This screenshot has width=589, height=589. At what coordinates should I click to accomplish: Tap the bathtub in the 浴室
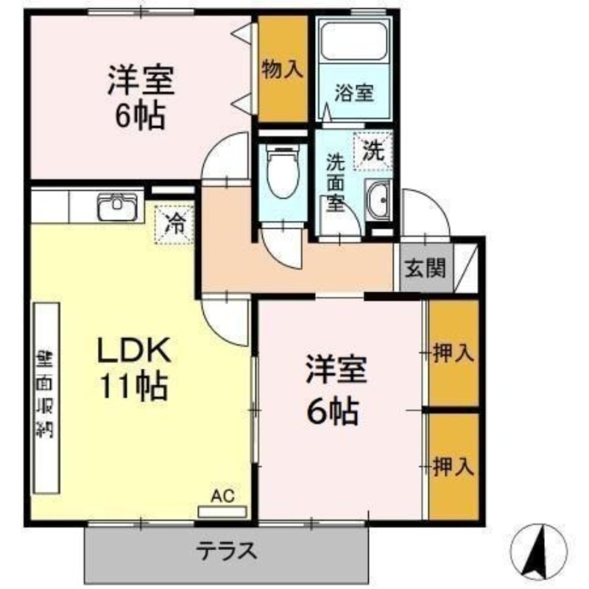354,46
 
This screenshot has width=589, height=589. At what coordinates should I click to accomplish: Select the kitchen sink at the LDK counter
119,206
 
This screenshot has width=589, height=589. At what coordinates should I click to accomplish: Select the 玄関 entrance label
424,267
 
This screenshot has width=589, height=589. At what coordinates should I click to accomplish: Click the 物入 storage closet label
282,71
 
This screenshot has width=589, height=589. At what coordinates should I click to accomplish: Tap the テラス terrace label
226,550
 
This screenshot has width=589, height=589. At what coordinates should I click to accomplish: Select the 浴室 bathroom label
354,94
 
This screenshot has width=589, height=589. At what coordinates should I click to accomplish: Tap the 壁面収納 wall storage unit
46,398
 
